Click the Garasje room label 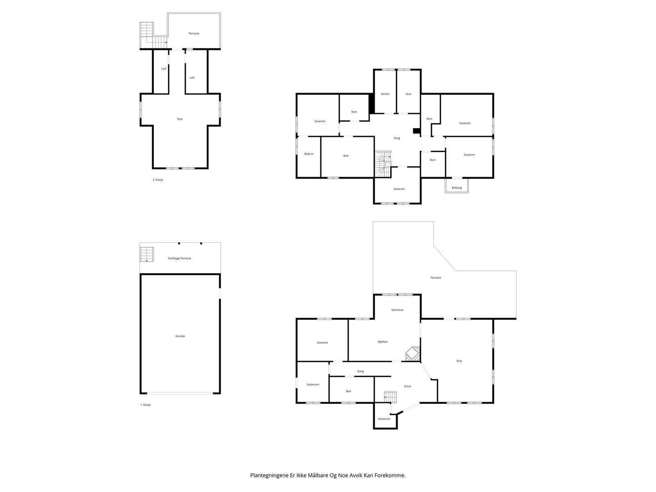[x=180, y=336]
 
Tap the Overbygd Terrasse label [x=179, y=258]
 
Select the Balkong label [x=457, y=188]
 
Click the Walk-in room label [x=309, y=154]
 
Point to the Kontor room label [x=385, y=94]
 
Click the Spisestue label [x=397, y=310]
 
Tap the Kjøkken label [x=383, y=342]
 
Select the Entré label [x=408, y=386]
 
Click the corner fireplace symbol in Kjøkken [x=413, y=353]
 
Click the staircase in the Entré [x=390, y=397]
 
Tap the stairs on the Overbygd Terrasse [x=147, y=254]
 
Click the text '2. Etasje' [x=158, y=180]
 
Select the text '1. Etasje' [x=146, y=405]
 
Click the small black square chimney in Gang [x=417, y=131]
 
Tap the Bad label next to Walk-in [x=346, y=156]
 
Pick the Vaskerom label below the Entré [x=384, y=419]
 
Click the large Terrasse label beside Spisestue [x=435, y=278]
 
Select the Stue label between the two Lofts [x=180, y=119]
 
